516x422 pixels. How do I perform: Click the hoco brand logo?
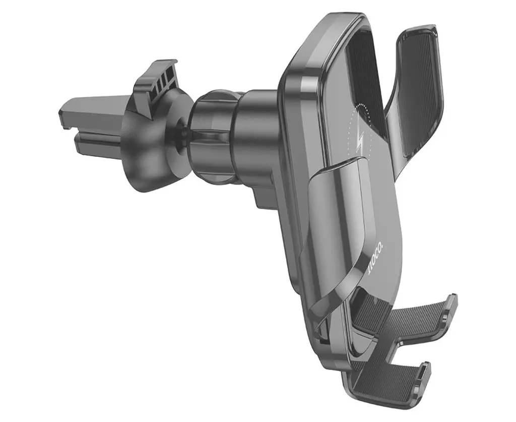point(372,259)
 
